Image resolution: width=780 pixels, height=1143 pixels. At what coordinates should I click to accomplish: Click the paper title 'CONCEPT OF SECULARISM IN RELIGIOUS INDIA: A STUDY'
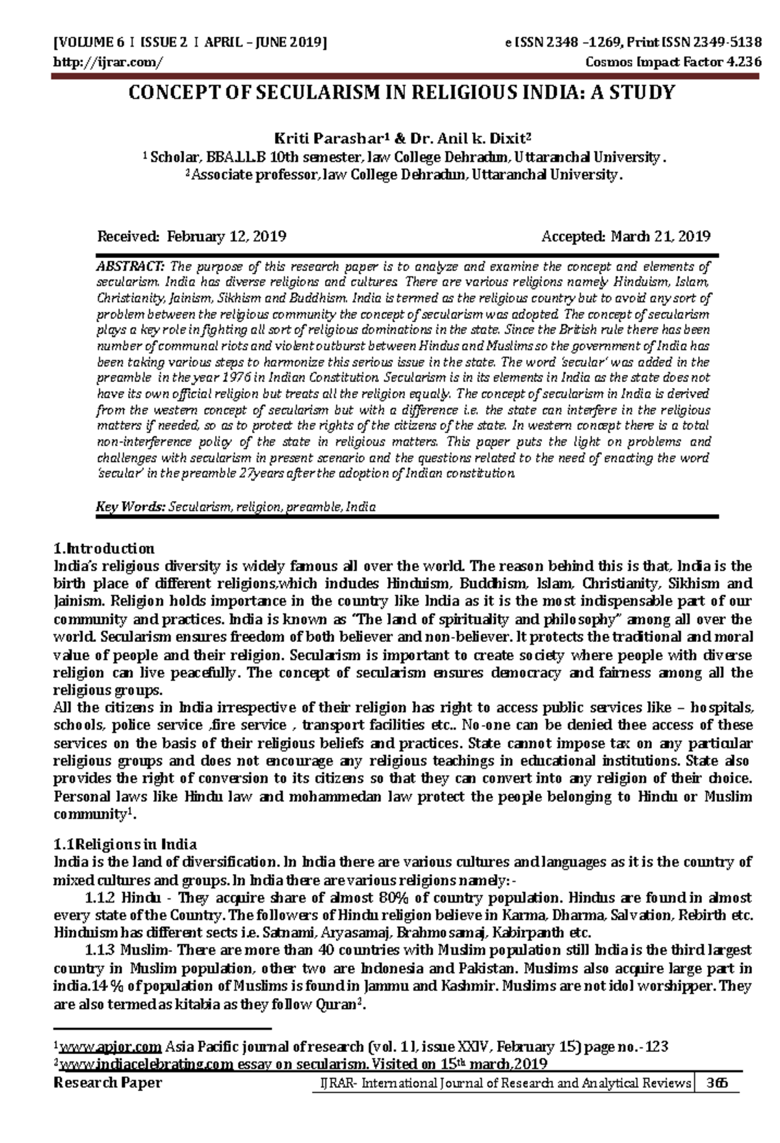click(402, 93)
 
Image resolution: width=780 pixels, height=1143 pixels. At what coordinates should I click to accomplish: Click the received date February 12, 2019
click(227, 236)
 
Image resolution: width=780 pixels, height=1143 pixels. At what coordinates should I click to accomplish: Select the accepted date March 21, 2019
click(660, 236)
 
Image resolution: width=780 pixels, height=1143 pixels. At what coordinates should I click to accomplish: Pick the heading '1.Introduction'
click(103, 548)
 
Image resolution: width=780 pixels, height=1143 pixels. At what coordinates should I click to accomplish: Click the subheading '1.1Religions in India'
click(125, 845)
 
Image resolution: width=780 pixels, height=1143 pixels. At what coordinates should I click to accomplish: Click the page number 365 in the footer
click(718, 1083)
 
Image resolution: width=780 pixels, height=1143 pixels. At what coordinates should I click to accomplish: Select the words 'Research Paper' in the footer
click(108, 1083)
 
